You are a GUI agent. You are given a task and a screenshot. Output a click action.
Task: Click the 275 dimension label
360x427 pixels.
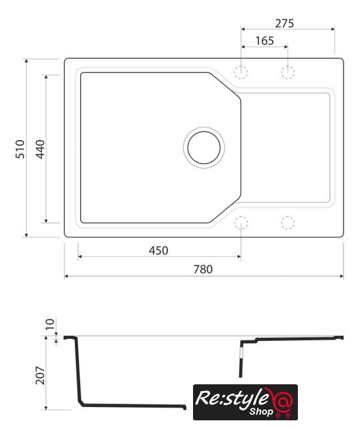(285, 23)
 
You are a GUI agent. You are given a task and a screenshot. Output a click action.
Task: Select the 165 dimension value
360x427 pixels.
(264, 41)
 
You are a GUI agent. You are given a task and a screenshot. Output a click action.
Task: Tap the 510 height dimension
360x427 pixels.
(20, 149)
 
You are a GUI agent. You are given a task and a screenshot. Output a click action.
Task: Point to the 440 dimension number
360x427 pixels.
(40, 149)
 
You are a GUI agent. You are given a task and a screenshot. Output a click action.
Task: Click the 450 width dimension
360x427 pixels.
(158, 251)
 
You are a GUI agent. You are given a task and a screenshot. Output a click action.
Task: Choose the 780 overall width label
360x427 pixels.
(203, 270)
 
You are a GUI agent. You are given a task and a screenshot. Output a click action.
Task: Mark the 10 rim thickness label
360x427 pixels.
(50, 324)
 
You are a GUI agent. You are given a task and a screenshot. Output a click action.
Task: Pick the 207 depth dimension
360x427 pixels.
(40, 375)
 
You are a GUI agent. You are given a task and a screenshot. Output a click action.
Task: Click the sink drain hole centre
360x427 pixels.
(204, 147)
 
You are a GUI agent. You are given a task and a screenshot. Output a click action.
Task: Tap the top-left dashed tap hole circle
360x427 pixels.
(241, 73)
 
